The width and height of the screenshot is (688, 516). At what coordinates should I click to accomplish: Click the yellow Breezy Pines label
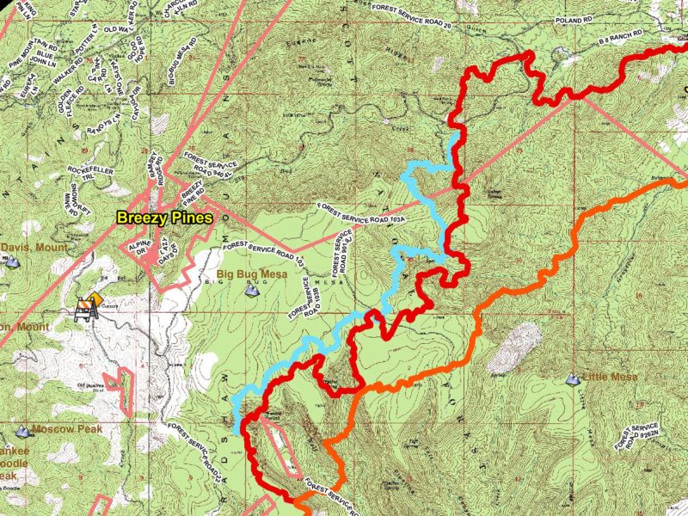coord(164,218)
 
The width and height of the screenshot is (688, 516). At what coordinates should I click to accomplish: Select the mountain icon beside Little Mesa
coord(573,378)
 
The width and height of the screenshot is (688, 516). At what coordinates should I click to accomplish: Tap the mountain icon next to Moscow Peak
coord(22,430)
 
